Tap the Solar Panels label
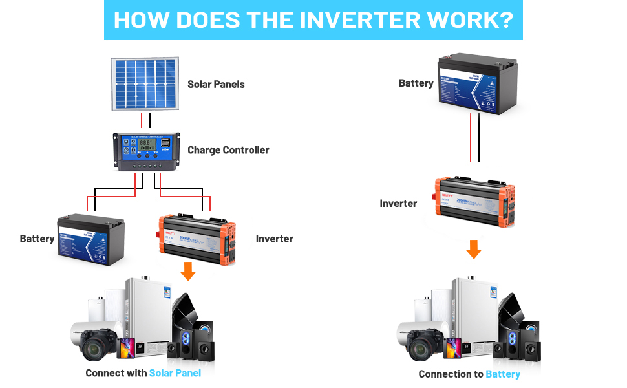click(216, 84)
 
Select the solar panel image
click(145, 85)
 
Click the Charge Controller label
click(228, 150)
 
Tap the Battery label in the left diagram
click(37, 239)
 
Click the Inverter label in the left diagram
click(274, 239)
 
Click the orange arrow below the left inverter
click(188, 271)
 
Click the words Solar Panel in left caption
click(175, 373)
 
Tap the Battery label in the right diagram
click(416, 83)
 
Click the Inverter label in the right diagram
click(398, 203)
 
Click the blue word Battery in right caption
click(503, 374)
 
